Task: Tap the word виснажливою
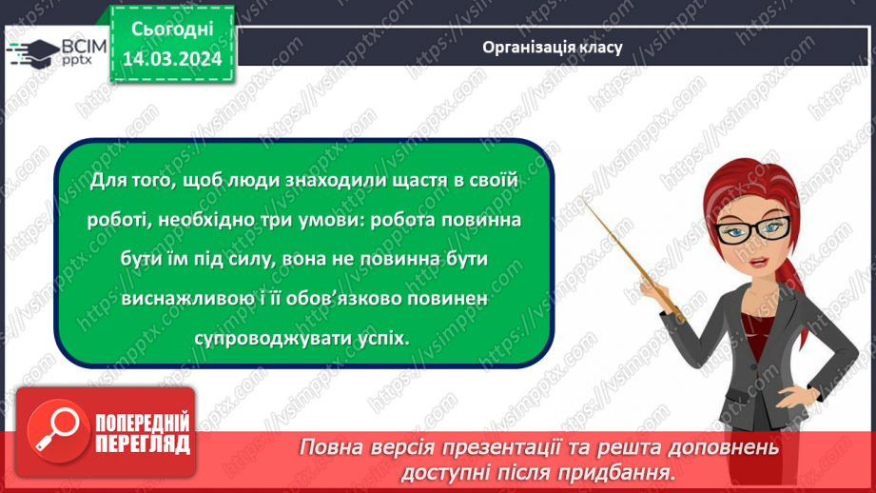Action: point(183,299)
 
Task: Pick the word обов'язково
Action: point(333,299)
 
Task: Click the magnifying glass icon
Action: point(49,430)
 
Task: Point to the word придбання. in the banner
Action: point(630,471)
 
